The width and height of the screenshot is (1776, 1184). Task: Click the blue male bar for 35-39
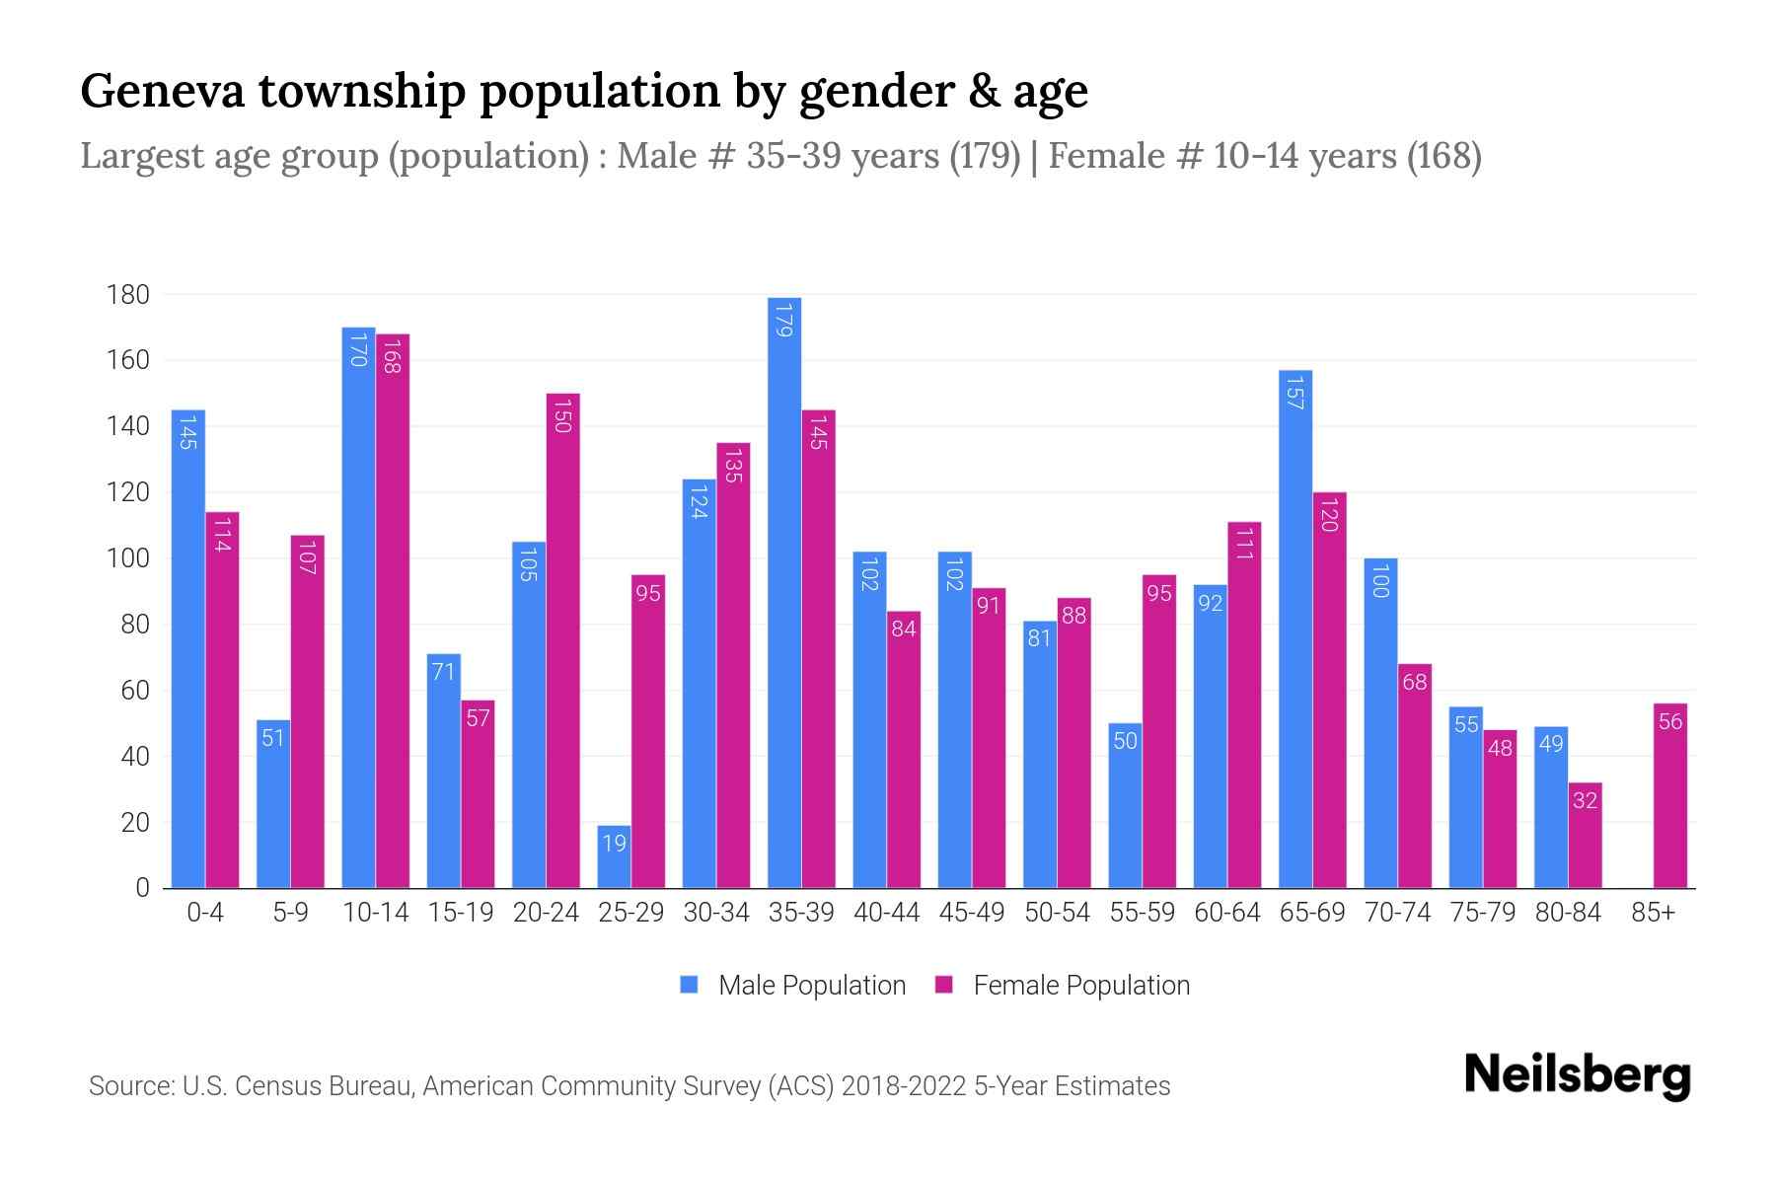click(784, 592)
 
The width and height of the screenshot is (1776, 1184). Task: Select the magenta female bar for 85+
click(1670, 795)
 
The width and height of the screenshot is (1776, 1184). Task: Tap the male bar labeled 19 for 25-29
click(614, 856)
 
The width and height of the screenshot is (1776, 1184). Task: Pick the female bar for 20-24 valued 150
click(562, 641)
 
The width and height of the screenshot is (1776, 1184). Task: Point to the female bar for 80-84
click(1585, 835)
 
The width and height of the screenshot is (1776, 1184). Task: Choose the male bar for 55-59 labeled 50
click(1125, 805)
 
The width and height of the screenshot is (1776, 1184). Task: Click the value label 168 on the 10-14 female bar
click(392, 355)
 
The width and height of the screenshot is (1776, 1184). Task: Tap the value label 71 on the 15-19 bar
click(443, 672)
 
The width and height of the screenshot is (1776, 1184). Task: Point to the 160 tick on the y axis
click(128, 360)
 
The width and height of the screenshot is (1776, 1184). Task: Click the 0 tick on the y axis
click(142, 888)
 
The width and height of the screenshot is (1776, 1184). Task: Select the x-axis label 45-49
click(971, 913)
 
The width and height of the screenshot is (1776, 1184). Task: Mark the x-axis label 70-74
click(1397, 913)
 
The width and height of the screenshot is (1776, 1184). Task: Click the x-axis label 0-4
click(205, 913)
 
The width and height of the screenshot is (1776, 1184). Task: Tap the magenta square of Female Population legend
click(944, 985)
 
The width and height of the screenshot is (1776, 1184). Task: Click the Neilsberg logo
click(1577, 1075)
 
